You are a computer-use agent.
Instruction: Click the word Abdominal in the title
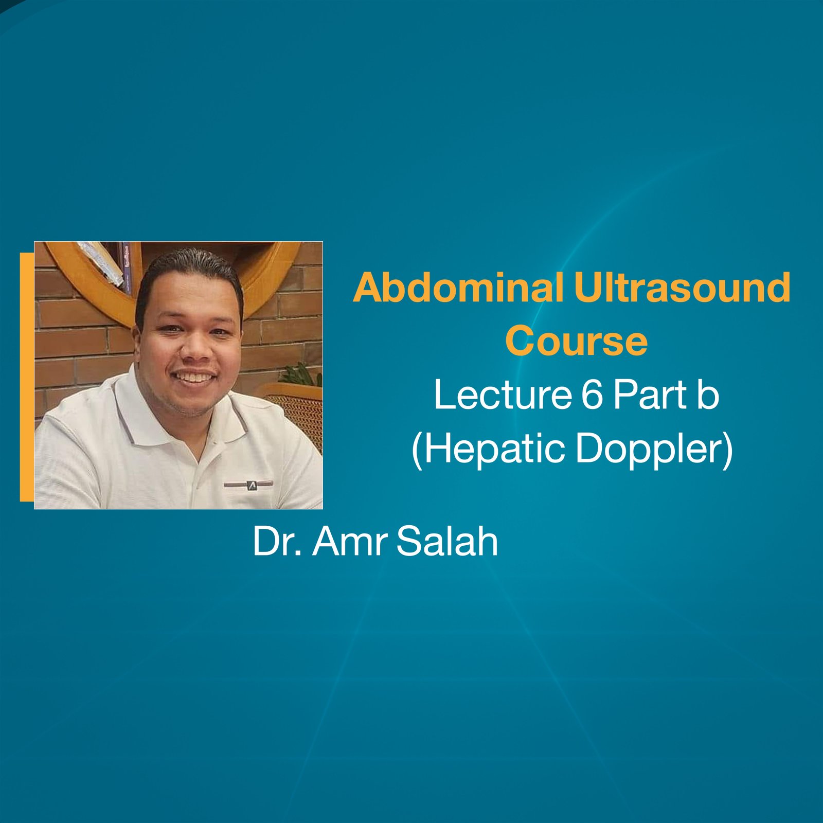point(458,288)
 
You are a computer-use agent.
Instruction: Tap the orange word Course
point(576,341)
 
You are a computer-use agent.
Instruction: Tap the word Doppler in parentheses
point(649,449)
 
